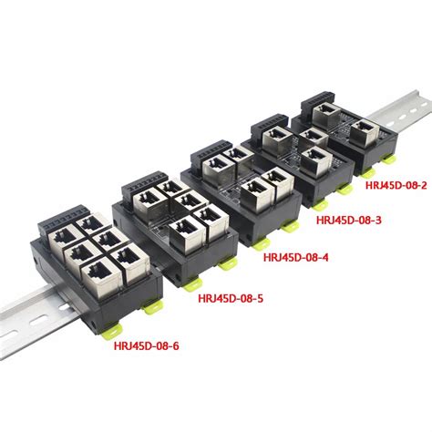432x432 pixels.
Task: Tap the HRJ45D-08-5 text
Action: pos(230,296)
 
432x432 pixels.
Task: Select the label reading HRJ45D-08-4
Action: pos(293,257)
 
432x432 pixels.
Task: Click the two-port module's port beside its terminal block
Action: pos(328,113)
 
